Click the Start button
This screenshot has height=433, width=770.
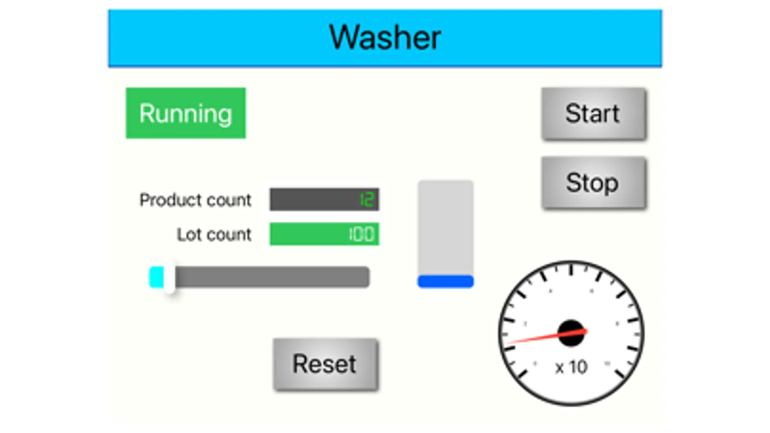pyautogui.click(x=593, y=114)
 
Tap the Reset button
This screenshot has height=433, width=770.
pyautogui.click(x=325, y=364)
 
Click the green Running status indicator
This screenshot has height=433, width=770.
pyautogui.click(x=185, y=113)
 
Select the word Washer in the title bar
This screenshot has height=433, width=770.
pyautogui.click(x=385, y=38)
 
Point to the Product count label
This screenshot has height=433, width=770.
pyautogui.click(x=195, y=200)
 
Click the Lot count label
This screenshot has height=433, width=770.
pyautogui.click(x=214, y=234)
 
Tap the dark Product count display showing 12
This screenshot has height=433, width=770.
pyautogui.click(x=324, y=199)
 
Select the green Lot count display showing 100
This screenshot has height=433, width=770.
pyautogui.click(x=324, y=234)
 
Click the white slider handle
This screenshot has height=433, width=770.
pyautogui.click(x=169, y=278)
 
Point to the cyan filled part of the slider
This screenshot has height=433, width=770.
pyautogui.click(x=156, y=278)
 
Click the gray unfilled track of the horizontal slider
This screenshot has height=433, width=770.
pyautogui.click(x=272, y=278)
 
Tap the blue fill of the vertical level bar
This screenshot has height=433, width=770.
pyautogui.click(x=445, y=281)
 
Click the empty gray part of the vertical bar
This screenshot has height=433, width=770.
pyautogui.click(x=445, y=226)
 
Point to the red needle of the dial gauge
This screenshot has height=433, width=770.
pyautogui.click(x=535, y=338)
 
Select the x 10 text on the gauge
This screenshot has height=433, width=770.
pyautogui.click(x=571, y=368)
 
